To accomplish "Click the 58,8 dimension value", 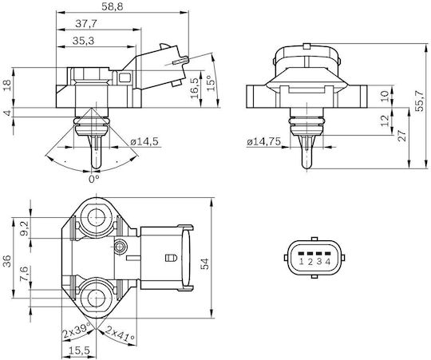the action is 113,6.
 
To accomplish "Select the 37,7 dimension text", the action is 86,24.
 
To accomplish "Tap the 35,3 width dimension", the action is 83,41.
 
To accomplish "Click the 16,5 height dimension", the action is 194,88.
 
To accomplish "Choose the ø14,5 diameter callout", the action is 144,141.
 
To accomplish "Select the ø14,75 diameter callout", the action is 264,141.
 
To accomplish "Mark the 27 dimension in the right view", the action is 402,135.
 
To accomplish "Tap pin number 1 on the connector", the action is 301,261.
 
